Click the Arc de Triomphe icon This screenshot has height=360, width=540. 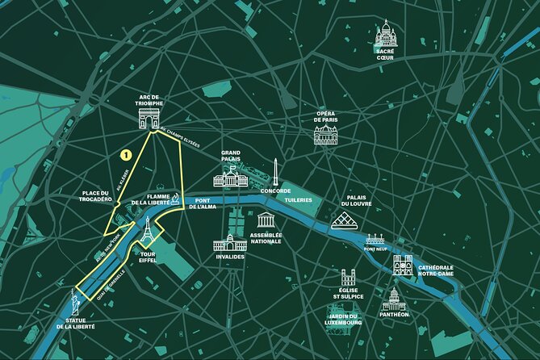[x=149, y=119]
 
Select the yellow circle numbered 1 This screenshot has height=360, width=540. [x=126, y=153]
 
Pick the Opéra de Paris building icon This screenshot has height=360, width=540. [x=325, y=134]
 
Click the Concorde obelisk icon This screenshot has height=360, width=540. [x=275, y=171]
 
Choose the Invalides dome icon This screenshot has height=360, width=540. [x=230, y=241]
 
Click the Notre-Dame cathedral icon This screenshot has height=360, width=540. [x=403, y=264]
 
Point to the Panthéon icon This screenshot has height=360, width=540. [x=393, y=299]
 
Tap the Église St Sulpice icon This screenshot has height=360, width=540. [x=349, y=278]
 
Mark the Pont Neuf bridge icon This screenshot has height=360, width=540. [x=375, y=240]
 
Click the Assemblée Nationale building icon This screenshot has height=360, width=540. [x=266, y=220]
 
